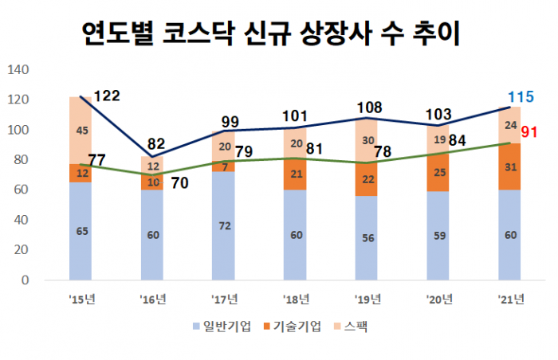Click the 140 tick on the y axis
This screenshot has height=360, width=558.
(x=18, y=70)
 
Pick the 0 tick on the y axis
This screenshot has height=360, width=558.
(x=26, y=280)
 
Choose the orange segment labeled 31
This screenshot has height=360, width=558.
(x=509, y=167)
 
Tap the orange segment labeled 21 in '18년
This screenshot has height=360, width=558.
(x=295, y=174)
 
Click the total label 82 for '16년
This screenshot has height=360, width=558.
(x=157, y=144)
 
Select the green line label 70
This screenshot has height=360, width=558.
(x=179, y=182)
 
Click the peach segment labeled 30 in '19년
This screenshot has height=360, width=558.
(x=367, y=140)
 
